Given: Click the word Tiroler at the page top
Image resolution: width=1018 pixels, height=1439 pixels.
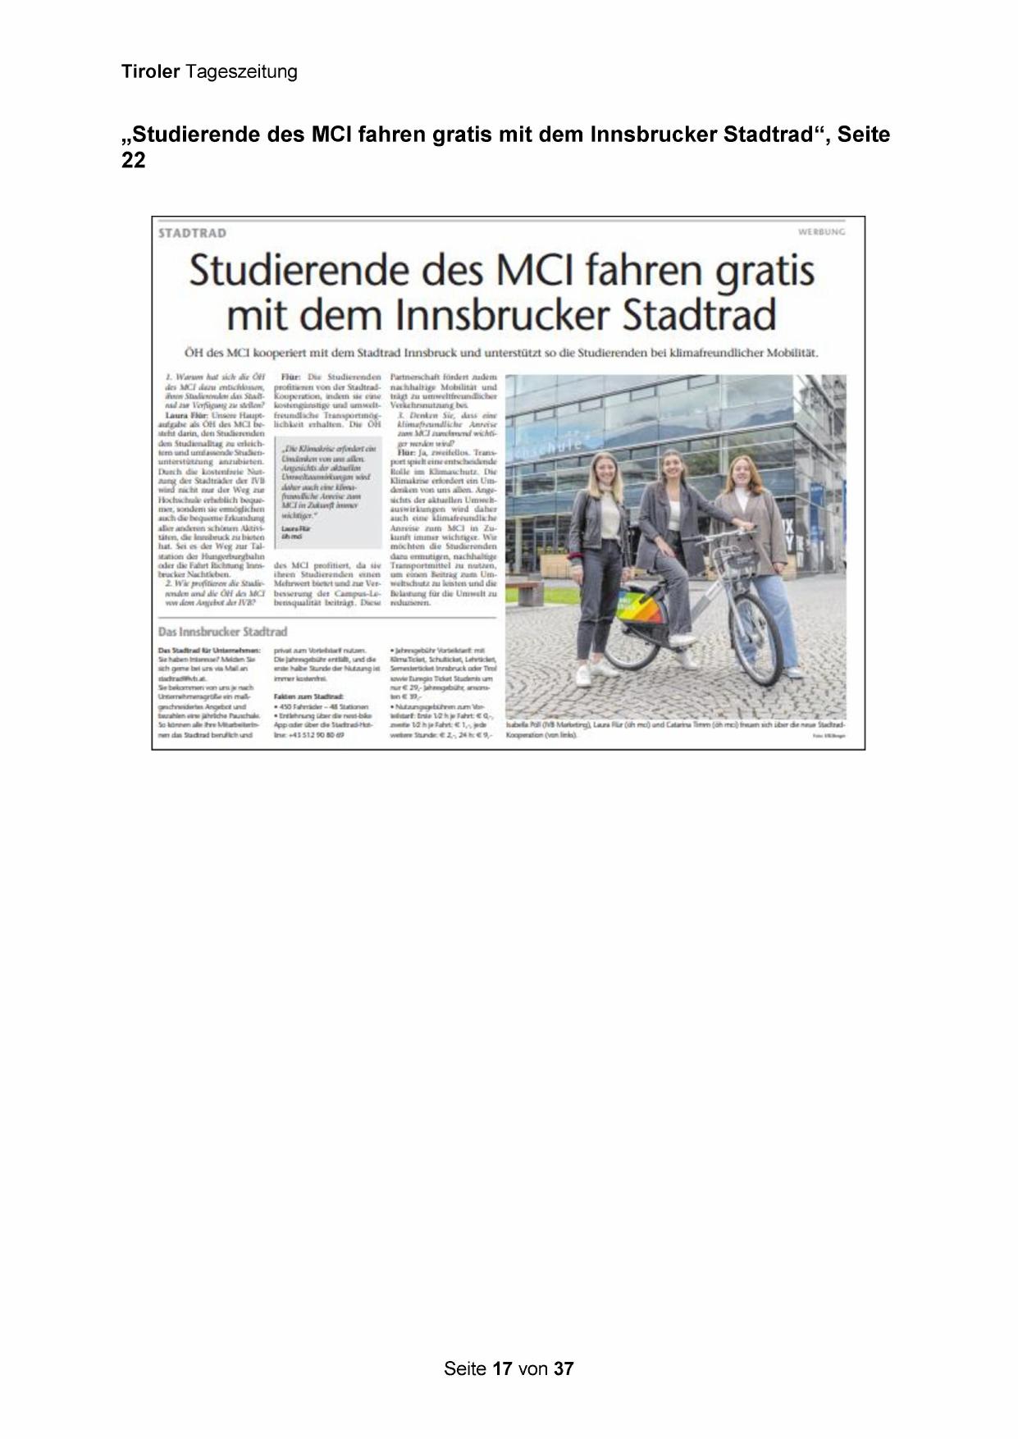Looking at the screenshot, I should [150, 72].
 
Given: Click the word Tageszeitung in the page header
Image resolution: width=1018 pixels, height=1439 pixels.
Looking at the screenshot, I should [241, 72].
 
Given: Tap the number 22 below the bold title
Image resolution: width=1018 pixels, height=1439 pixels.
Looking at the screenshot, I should [133, 161].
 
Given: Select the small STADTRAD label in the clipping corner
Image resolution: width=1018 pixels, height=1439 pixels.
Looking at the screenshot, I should [192, 233].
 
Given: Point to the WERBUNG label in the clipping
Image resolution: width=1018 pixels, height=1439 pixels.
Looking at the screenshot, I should [821, 232].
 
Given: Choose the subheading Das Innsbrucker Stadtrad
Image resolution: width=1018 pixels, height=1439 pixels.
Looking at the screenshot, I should [222, 632].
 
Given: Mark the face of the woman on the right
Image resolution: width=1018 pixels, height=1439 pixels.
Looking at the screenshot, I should [741, 473].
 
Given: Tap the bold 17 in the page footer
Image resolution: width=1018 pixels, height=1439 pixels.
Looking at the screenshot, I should [503, 1368].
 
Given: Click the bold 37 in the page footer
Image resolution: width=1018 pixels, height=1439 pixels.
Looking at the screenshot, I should [564, 1368].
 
